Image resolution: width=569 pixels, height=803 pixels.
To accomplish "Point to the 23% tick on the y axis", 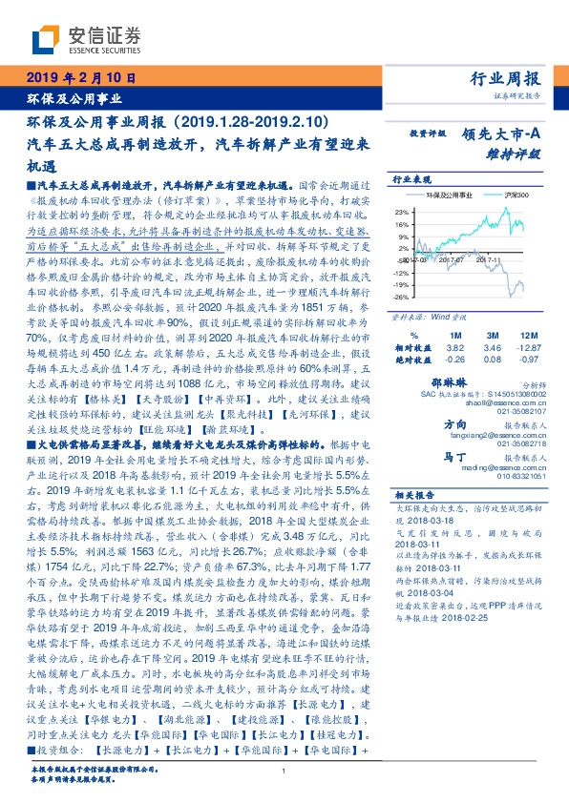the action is click(x=401, y=212).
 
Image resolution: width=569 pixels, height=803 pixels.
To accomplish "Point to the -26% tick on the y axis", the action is click(x=401, y=296).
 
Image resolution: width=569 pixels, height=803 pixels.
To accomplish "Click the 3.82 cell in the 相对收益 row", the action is click(x=455, y=348).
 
